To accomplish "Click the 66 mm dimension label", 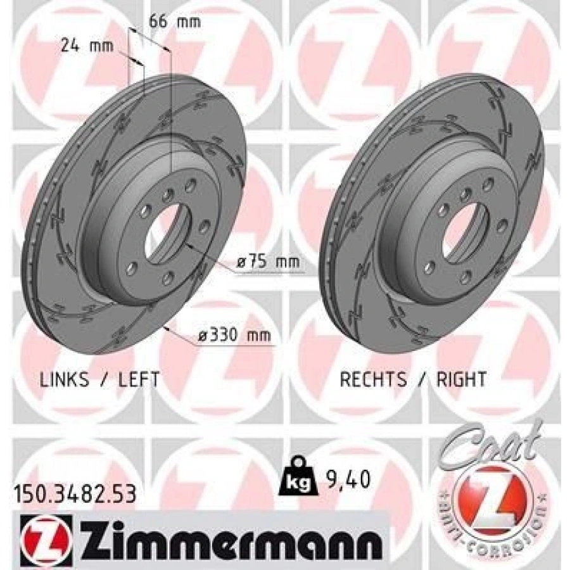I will click(174, 22).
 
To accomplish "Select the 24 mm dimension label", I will click(87, 45).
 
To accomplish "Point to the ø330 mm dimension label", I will click(234, 336).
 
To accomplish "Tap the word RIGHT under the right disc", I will click(462, 379).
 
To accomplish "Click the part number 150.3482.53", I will click(74, 493).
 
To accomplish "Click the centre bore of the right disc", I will click(465, 230).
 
